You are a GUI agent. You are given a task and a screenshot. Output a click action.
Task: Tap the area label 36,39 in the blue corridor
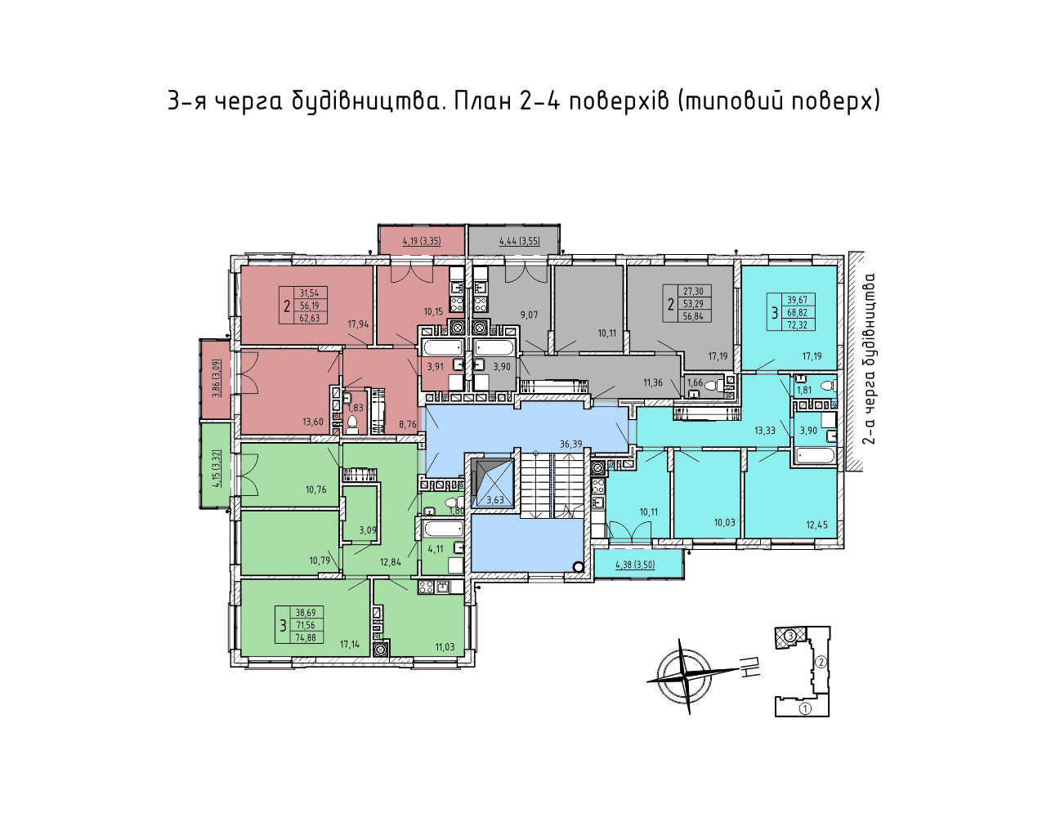coord(570,444)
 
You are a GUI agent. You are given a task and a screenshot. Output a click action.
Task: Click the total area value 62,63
coord(310,318)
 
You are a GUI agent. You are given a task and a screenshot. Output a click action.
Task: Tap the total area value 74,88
coord(306,637)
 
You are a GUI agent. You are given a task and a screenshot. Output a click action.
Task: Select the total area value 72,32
coord(797,325)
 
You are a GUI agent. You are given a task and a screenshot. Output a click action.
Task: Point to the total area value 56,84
coord(693,316)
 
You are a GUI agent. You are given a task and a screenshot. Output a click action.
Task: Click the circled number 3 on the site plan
coord(791,636)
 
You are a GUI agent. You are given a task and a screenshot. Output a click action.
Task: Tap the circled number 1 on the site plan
coord(805,708)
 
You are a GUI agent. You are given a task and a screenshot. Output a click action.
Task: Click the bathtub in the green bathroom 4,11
coord(443,529)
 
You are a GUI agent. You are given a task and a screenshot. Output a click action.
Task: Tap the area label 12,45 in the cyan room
coord(816,525)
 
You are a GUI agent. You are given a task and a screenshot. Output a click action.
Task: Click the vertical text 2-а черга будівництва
coord(869,359)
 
